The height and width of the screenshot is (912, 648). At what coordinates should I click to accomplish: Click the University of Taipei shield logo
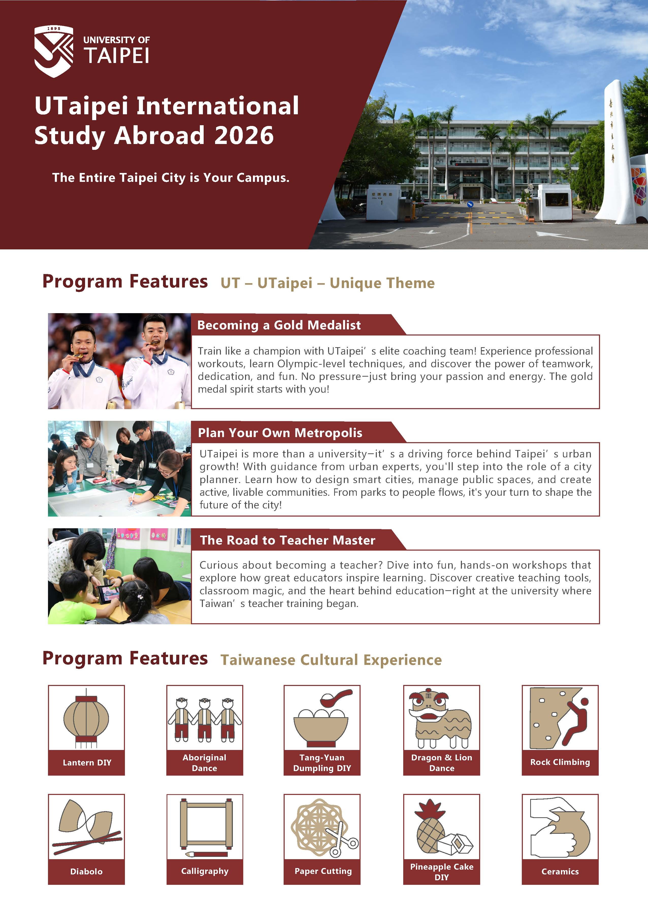pyautogui.click(x=54, y=51)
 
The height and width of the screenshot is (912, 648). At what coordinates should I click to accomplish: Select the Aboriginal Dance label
pyautogui.click(x=204, y=763)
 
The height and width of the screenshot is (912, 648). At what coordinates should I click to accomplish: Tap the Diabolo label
pyautogui.click(x=86, y=871)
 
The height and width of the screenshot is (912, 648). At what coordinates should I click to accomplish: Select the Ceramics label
pyautogui.click(x=560, y=871)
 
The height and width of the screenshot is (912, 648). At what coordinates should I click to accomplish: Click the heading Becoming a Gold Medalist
pyautogui.click(x=279, y=325)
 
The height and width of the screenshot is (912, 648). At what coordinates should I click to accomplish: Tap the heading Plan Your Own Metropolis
pyautogui.click(x=280, y=433)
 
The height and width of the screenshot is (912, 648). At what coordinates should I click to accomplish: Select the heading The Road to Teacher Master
pyautogui.click(x=287, y=540)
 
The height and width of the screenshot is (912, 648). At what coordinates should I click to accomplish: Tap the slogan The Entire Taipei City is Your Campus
pyautogui.click(x=170, y=178)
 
